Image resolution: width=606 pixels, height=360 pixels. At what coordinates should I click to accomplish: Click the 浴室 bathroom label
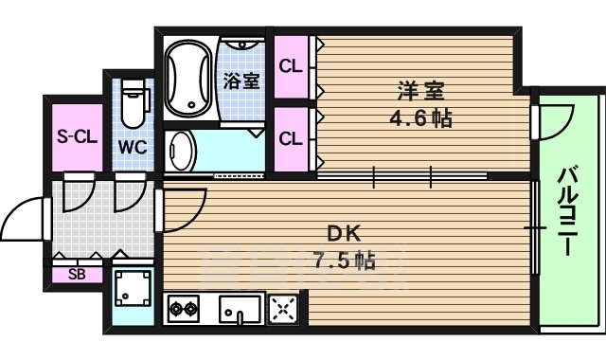coord(241,81)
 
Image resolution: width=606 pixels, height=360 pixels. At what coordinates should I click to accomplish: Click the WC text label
coord(132,148)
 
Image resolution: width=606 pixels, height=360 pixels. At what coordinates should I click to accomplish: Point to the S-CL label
coord(76,135)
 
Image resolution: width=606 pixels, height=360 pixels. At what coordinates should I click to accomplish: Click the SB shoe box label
coord(76,276)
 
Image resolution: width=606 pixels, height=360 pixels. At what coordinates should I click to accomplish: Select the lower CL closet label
coord(291,138)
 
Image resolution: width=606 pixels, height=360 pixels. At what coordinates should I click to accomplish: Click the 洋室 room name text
coord(420,92)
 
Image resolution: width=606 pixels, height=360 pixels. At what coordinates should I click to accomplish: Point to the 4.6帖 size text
coord(420,119)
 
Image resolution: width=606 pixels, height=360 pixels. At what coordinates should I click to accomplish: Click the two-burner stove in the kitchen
coord(183,308)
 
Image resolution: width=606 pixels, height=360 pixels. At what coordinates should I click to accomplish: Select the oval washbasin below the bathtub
coord(182,150)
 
